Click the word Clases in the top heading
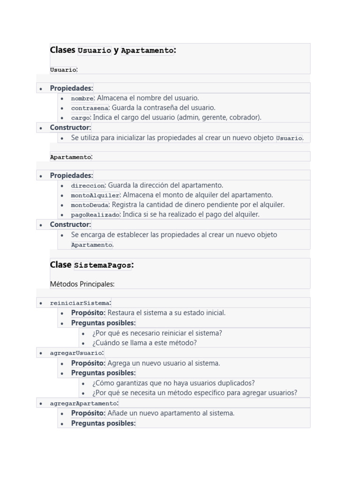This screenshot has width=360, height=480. tap(62, 50)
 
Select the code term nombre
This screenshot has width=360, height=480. tap(82, 98)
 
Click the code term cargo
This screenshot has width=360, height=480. tap(80, 118)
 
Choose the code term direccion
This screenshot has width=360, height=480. tap(88, 186)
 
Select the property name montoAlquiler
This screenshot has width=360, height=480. tap(96, 195)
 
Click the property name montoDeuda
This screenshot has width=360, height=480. tap(90, 205)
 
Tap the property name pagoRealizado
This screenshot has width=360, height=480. tap(96, 215)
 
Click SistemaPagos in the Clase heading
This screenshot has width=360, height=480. tap(103, 265)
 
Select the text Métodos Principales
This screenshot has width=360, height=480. tap(82, 284)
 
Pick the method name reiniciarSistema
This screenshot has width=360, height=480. tap(80, 303)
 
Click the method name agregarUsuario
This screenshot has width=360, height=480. tap(76, 353)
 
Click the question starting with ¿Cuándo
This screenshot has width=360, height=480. tap(144, 343)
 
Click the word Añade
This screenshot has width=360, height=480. tap(117, 413)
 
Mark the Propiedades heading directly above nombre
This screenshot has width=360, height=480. tap(71, 88)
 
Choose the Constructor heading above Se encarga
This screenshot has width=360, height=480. tap(70, 225)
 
